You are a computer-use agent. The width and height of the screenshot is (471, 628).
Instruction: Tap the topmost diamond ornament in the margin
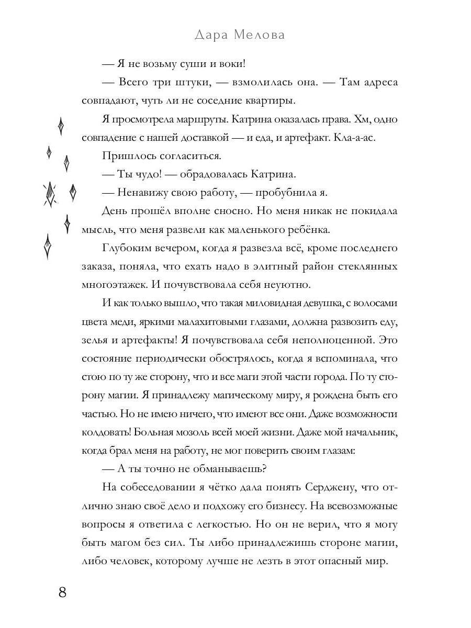(x=61, y=126)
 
